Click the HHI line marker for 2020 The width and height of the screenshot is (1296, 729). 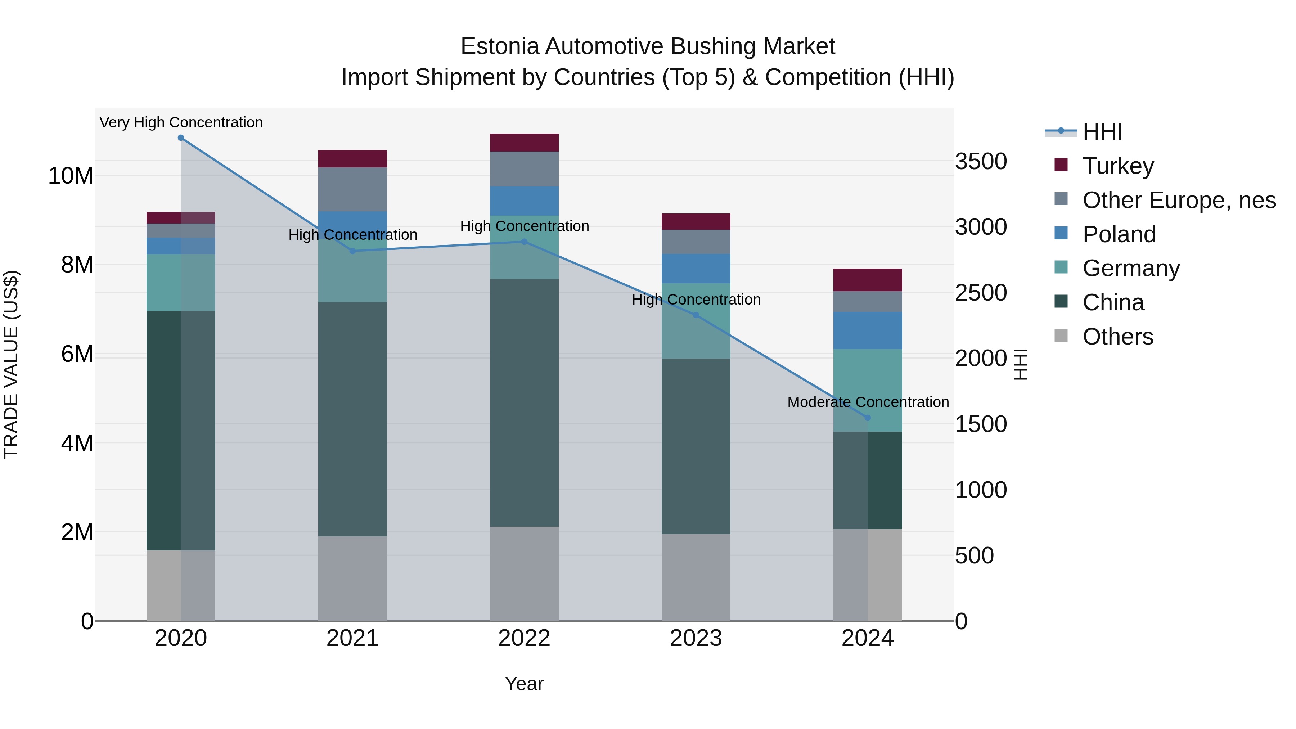click(x=181, y=138)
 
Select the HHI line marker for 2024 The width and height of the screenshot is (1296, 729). click(x=867, y=418)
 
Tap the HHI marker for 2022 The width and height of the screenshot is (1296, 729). click(x=524, y=242)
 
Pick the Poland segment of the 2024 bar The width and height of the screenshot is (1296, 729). click(x=867, y=330)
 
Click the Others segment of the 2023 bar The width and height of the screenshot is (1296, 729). click(x=696, y=577)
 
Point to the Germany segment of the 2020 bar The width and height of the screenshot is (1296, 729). click(x=181, y=282)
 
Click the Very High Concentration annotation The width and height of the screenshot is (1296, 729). click(x=181, y=122)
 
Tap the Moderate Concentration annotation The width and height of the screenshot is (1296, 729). click(x=868, y=402)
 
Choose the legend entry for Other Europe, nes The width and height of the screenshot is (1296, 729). click(x=1179, y=200)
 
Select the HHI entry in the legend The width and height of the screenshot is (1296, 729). click(x=1102, y=132)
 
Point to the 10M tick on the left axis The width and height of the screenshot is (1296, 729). click(x=71, y=176)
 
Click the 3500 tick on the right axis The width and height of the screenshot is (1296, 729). click(x=981, y=162)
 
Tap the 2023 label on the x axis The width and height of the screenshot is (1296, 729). click(x=696, y=638)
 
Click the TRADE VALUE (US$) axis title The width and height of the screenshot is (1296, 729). click(x=11, y=364)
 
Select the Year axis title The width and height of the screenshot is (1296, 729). click(x=524, y=684)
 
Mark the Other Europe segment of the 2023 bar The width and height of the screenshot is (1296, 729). click(x=696, y=242)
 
